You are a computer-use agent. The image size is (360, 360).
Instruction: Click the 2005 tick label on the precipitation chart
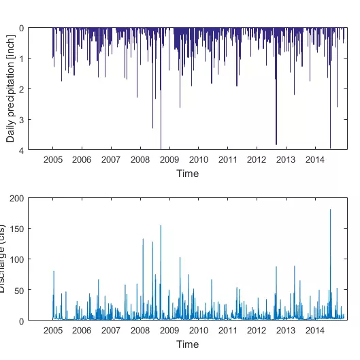53,160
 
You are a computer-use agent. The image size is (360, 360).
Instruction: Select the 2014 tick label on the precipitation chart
316,160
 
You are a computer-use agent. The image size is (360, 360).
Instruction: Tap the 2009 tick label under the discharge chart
169,330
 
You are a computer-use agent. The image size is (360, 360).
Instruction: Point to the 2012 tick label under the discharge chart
257,330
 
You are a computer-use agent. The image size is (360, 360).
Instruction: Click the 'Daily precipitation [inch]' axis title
10,89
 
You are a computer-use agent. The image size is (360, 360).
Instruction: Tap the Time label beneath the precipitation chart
187,174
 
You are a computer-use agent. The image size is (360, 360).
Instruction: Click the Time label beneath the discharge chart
187,344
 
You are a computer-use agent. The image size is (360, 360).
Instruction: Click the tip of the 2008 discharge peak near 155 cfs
161,226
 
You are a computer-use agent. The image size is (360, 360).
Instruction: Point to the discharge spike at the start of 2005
54,272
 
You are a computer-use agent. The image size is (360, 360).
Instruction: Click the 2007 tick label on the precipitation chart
111,160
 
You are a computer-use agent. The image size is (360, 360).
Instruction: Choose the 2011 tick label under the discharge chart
228,330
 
